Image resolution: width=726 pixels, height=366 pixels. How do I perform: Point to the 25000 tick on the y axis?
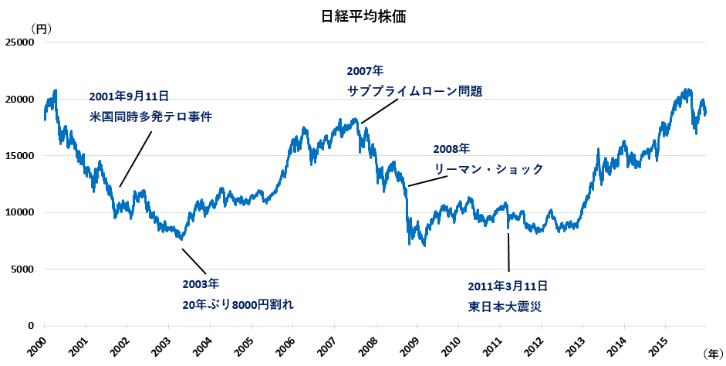click(20, 42)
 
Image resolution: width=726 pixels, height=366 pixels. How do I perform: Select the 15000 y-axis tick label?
click(20, 156)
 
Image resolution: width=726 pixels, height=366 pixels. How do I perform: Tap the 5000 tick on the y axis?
click(23, 269)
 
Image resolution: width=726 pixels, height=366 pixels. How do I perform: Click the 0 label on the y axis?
click(32, 326)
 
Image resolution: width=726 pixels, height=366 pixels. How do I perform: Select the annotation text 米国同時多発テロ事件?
click(150, 117)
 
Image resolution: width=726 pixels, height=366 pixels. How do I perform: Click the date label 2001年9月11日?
click(129, 97)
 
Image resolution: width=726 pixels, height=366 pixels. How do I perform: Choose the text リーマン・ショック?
click(488, 169)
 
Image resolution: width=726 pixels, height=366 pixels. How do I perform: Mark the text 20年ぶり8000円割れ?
click(239, 304)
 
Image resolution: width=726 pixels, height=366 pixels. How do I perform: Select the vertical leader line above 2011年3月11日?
click(508, 251)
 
